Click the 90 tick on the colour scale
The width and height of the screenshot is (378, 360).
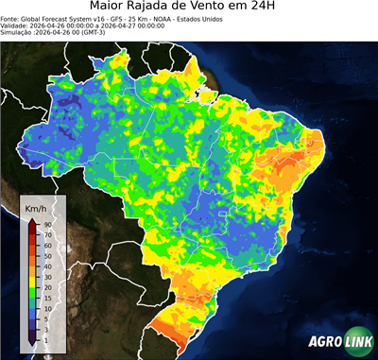click(x=46, y=224)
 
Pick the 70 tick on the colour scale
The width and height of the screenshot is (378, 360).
click(x=46, y=233)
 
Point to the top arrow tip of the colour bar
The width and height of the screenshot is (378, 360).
click(x=32, y=220)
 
